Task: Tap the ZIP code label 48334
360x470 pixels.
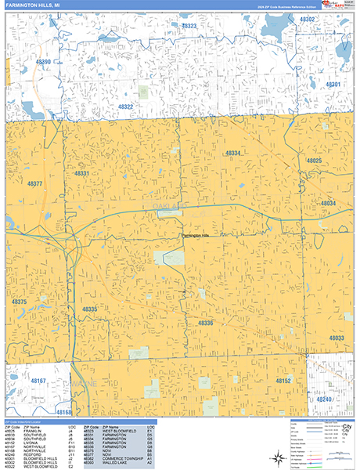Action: click(x=233, y=153)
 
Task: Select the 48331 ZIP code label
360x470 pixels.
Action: click(x=82, y=173)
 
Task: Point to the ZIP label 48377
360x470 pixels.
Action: click(x=36, y=184)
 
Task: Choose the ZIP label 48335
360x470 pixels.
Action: click(x=90, y=309)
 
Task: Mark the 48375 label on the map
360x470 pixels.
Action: click(x=20, y=302)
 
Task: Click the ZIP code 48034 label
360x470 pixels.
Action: click(x=328, y=203)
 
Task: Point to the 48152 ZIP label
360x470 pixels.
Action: click(x=283, y=381)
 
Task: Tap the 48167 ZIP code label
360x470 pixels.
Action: click(x=39, y=381)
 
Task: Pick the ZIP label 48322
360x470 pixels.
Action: click(x=125, y=107)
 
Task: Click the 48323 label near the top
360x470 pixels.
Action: click(x=189, y=26)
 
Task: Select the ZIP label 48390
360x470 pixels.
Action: click(x=42, y=62)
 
